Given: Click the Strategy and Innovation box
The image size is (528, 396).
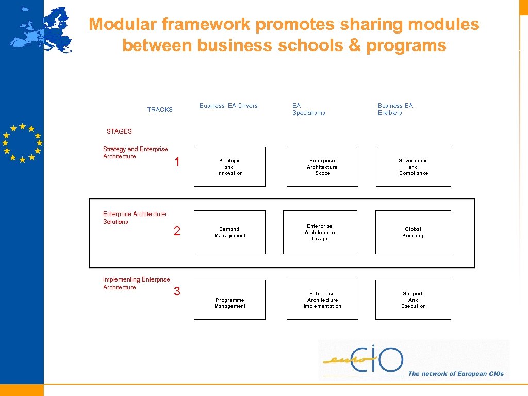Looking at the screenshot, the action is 229,167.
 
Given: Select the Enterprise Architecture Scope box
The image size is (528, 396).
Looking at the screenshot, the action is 322,167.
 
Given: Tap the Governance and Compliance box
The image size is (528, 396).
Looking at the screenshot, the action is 413,167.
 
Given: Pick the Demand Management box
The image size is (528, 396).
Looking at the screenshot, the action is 229,232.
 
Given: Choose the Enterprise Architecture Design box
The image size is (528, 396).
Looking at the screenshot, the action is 320,232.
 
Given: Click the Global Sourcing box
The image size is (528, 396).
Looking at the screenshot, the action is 413,232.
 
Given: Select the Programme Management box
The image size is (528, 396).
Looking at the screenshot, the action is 229,300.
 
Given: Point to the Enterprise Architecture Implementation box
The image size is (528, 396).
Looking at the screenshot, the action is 322,300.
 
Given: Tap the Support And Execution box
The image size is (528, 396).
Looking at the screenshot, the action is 413,300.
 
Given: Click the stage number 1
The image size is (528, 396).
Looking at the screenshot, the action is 177,162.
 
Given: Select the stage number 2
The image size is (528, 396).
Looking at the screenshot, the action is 177,231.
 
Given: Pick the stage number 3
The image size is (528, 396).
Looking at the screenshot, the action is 177,292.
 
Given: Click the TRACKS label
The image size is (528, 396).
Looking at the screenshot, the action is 160,110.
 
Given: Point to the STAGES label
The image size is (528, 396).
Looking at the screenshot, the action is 119,131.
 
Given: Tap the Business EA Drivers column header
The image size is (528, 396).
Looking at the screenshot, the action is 228,106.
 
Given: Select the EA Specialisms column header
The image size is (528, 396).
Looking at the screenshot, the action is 308,109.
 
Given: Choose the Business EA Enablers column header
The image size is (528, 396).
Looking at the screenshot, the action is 395,109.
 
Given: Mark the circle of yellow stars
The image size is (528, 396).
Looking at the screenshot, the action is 22,143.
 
